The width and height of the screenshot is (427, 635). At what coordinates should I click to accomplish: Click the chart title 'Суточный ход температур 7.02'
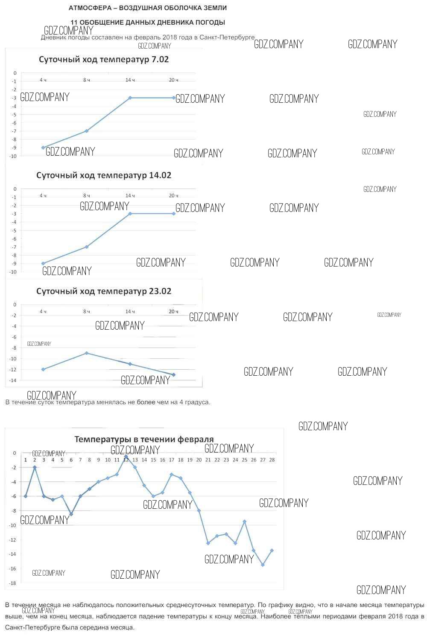pos(104,59)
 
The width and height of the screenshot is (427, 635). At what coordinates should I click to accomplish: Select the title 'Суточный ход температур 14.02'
pos(104,175)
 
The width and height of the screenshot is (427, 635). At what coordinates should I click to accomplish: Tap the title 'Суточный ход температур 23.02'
pos(104,291)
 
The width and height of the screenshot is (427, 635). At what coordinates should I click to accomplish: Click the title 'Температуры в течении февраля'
pos(144,439)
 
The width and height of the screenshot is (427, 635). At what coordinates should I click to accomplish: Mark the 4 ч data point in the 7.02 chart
pos(43,148)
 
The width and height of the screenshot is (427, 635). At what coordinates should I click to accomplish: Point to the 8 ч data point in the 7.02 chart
pos(87,131)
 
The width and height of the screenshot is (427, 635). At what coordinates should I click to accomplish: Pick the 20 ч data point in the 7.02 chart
pos(174,98)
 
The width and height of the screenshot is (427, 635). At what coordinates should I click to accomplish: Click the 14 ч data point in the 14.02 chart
pos(130,213)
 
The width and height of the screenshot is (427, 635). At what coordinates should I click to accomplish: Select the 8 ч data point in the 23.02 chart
pos(87,353)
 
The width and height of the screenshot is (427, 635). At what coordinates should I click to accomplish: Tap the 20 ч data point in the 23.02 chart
pos(174,375)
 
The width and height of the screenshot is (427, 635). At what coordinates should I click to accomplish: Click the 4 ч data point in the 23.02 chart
pos(43,369)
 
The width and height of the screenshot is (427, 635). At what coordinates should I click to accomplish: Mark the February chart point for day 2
pos(35,467)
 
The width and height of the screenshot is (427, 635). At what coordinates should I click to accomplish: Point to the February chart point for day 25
pos(244,522)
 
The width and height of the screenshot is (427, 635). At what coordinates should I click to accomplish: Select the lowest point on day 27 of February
pos(263,565)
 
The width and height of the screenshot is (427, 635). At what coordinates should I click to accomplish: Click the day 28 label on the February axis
pos(272,460)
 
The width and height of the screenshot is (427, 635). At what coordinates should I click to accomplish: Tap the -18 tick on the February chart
pos(13,583)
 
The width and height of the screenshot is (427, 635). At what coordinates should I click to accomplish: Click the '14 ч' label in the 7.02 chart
pos(130,80)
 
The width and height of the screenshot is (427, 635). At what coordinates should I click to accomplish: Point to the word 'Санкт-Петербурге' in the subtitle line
pos(227,37)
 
